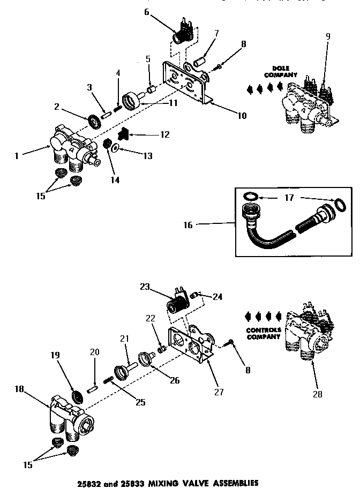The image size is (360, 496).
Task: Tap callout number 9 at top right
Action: pyautogui.click(x=328, y=36)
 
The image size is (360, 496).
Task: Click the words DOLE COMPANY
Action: pyautogui.click(x=277, y=72)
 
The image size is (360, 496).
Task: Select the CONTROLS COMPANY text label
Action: pyautogui.click(x=264, y=333)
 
